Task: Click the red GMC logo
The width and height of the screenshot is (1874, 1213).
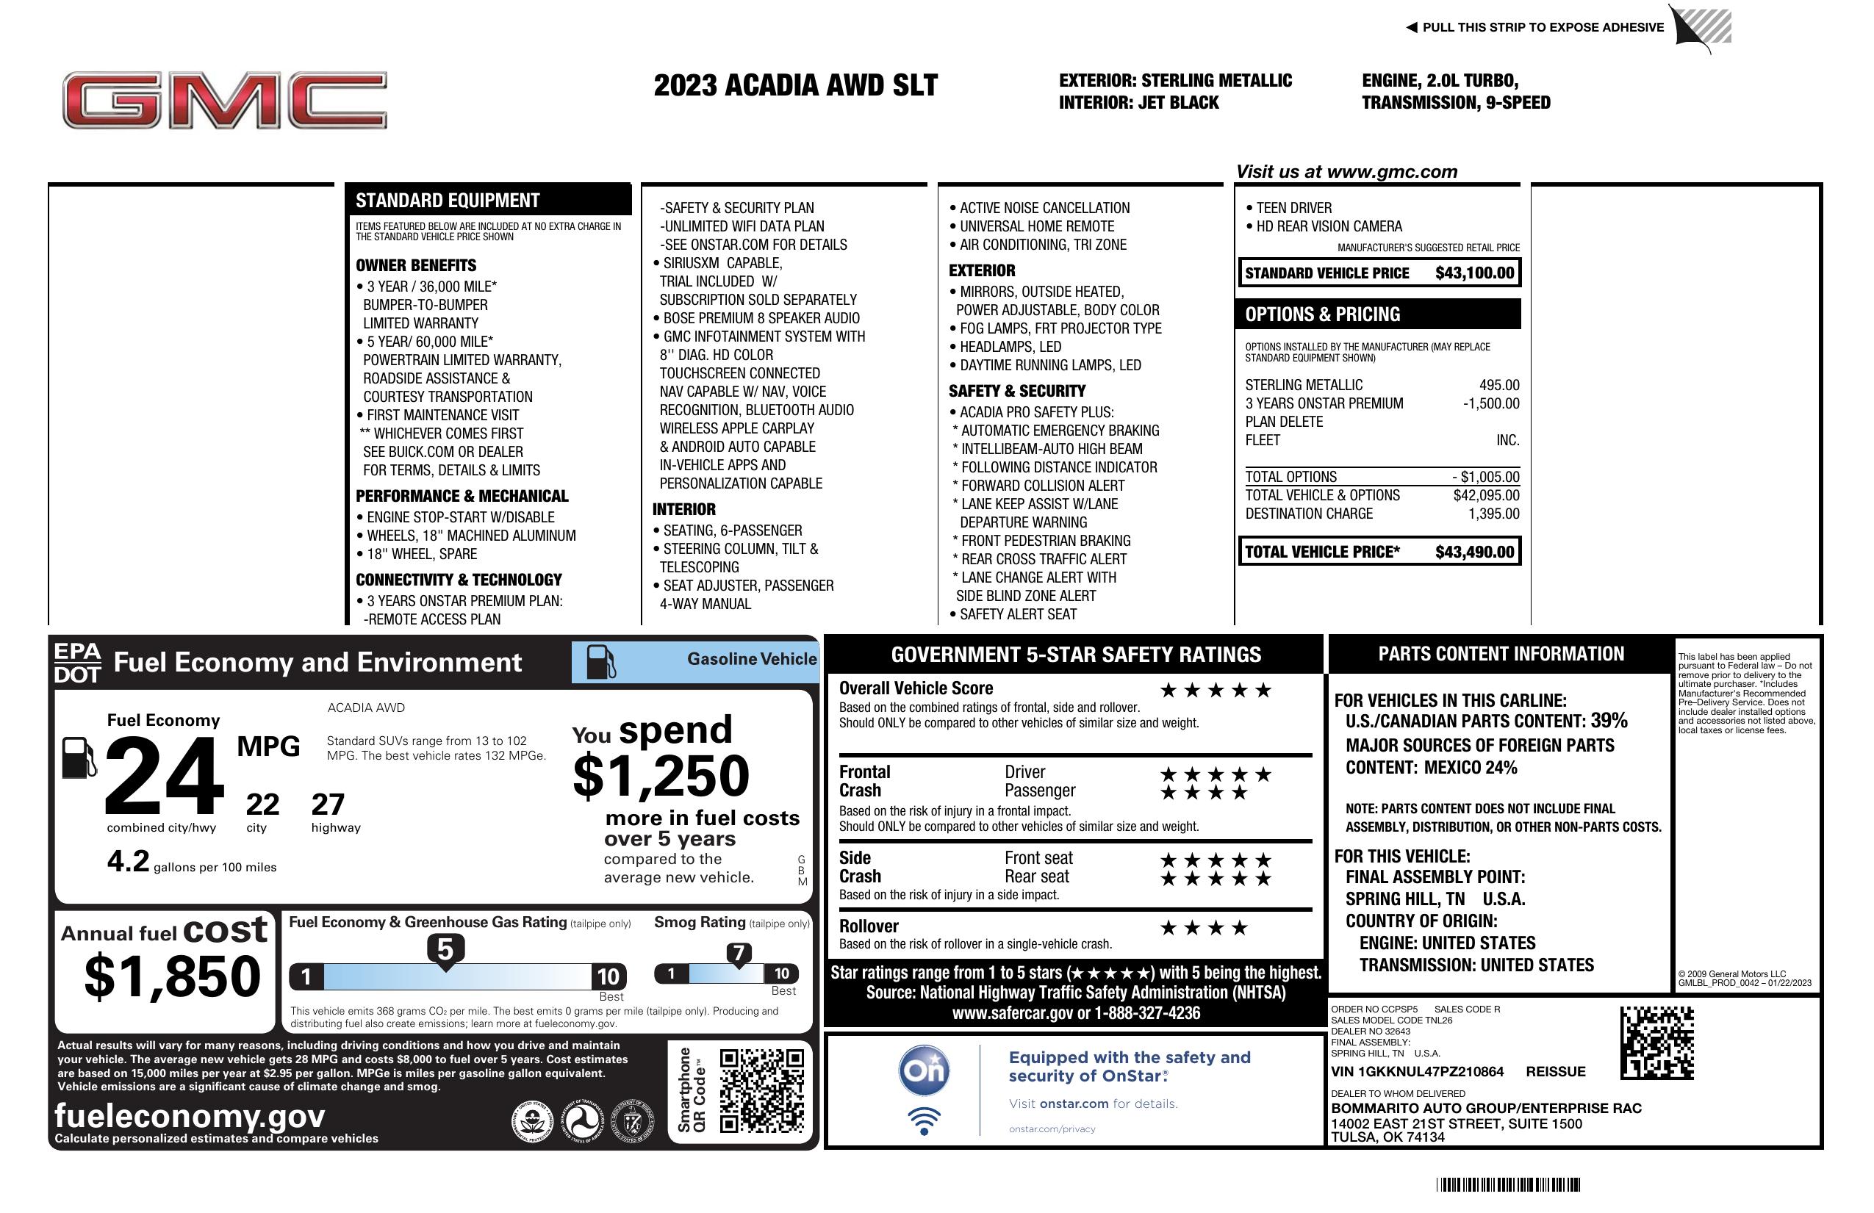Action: point(224,100)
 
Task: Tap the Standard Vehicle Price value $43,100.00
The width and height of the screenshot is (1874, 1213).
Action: point(1473,273)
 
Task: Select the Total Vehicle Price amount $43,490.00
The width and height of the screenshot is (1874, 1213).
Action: point(1473,552)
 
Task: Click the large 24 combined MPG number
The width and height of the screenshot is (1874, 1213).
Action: point(164,776)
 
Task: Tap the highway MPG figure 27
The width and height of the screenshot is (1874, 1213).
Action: point(328,805)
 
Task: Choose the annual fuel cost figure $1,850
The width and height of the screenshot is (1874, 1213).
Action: point(173,976)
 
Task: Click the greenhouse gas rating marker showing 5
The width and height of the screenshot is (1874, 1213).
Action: point(445,950)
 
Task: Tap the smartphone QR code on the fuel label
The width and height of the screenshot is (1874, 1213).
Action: point(761,1090)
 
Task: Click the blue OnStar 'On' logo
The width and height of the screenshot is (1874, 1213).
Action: point(924,1070)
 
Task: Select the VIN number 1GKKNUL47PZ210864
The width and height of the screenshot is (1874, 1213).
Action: point(1417,1071)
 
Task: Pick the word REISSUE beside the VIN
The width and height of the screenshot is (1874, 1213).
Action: point(1555,1071)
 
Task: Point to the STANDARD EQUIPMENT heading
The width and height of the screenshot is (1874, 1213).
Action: point(448,201)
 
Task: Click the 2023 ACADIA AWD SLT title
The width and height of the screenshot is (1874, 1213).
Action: point(795,85)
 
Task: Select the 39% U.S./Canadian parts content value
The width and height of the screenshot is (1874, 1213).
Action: point(1608,720)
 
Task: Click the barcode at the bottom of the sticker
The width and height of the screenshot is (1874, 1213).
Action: point(1508,1184)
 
